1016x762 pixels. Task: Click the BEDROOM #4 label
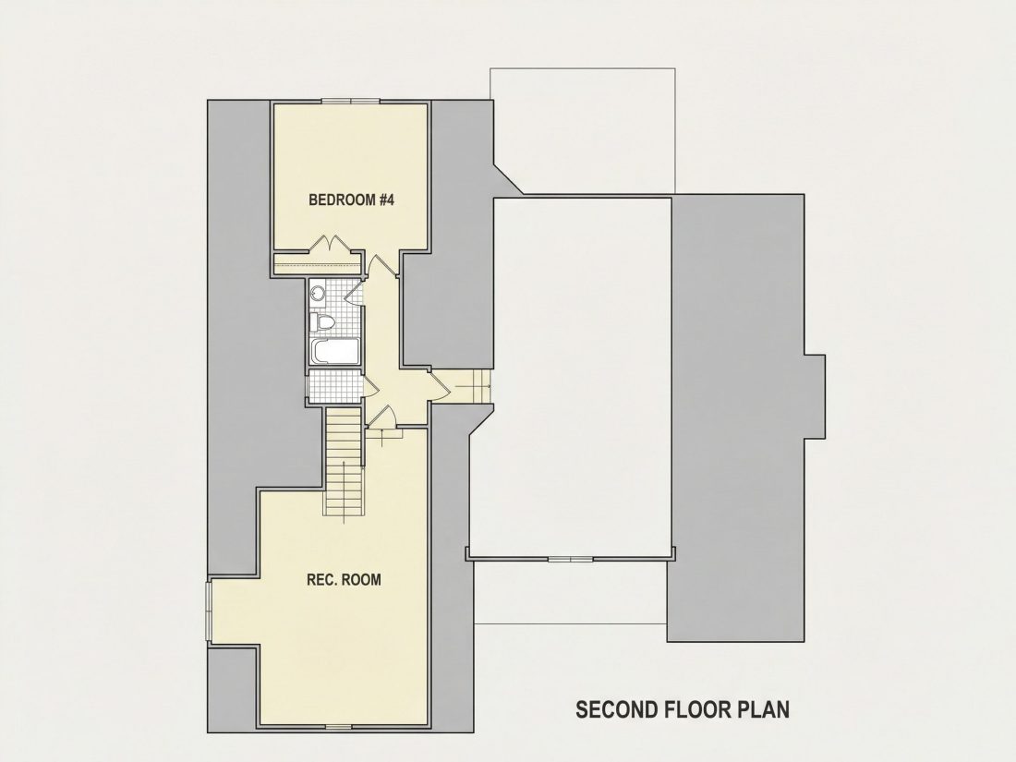tap(351, 200)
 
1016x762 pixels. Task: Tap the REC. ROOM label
tap(344, 579)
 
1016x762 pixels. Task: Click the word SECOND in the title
tap(616, 708)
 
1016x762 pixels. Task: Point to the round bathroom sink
tap(318, 293)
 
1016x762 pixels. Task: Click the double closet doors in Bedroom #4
tap(331, 243)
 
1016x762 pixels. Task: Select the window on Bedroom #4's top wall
tap(351, 101)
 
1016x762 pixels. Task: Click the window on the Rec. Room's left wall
tap(209, 611)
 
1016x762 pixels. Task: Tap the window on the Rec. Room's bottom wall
tap(337, 727)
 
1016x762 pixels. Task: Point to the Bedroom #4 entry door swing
tap(381, 265)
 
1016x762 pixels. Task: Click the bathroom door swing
tap(354, 292)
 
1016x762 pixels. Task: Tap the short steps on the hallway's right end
tap(481, 385)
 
